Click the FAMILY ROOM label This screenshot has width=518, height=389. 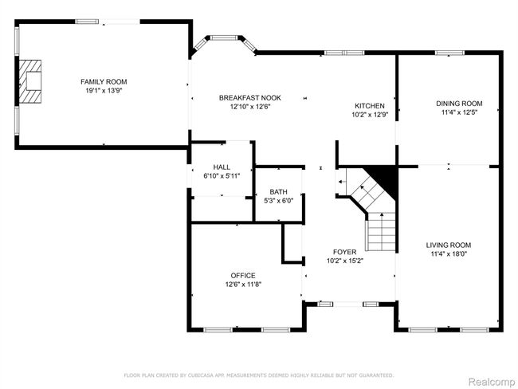(x=104, y=81)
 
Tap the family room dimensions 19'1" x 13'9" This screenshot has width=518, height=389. (x=104, y=91)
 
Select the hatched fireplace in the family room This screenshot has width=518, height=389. (x=30, y=81)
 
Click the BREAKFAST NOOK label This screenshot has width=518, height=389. (x=250, y=98)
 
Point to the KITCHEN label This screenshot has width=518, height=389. (x=370, y=106)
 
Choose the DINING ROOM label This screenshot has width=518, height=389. (x=459, y=104)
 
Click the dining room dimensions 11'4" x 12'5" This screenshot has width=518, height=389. (x=459, y=112)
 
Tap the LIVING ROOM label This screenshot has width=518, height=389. (x=449, y=245)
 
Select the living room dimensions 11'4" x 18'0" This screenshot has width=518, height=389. (x=449, y=253)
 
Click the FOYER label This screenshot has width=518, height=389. (x=344, y=252)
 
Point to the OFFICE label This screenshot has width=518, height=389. (x=243, y=275)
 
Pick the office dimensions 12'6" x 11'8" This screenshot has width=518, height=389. (x=244, y=285)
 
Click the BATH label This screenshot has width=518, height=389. (x=278, y=191)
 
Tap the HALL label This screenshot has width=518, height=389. (x=222, y=167)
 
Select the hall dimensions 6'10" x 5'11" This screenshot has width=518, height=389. (x=222, y=176)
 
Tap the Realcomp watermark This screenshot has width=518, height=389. (x=492, y=383)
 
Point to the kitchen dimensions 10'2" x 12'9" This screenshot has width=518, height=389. (x=370, y=115)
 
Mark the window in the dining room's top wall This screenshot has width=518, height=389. (x=449, y=53)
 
